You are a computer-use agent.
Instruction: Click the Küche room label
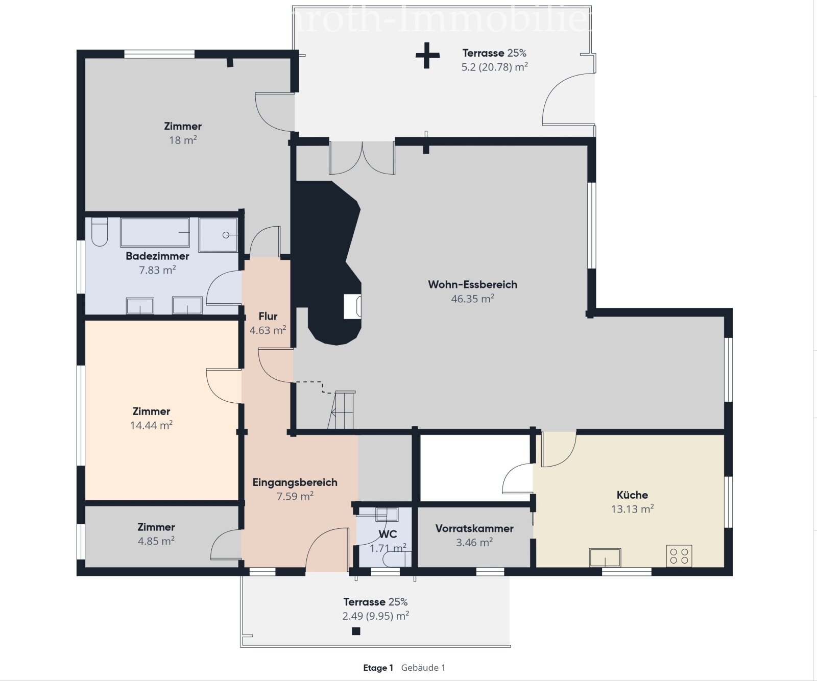[632, 495]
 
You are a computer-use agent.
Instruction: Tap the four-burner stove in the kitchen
[679, 556]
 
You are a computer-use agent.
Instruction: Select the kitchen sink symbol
[605, 557]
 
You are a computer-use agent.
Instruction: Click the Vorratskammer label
[474, 528]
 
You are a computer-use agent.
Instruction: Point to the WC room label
[388, 534]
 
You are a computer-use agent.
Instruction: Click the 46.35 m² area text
[472, 299]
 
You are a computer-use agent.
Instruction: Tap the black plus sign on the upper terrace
[427, 55]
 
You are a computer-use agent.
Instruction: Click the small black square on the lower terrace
[356, 631]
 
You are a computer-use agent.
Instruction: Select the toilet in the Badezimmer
[100, 232]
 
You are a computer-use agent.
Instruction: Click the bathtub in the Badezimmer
[155, 232]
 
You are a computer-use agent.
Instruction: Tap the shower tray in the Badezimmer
[218, 235]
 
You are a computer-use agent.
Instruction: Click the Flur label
[268, 316]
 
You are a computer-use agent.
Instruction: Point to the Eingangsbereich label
[295, 482]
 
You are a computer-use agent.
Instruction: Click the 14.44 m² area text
[151, 425]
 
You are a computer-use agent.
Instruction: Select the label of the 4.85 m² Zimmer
[156, 527]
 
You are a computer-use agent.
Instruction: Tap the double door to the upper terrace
[362, 158]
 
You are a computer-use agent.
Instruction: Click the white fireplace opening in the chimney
[352, 306]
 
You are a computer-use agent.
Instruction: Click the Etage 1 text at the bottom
[378, 668]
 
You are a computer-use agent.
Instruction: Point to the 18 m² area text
[183, 140]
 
